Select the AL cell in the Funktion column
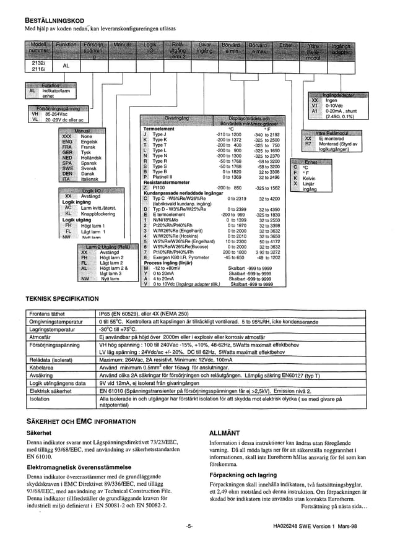click(x=66, y=66)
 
